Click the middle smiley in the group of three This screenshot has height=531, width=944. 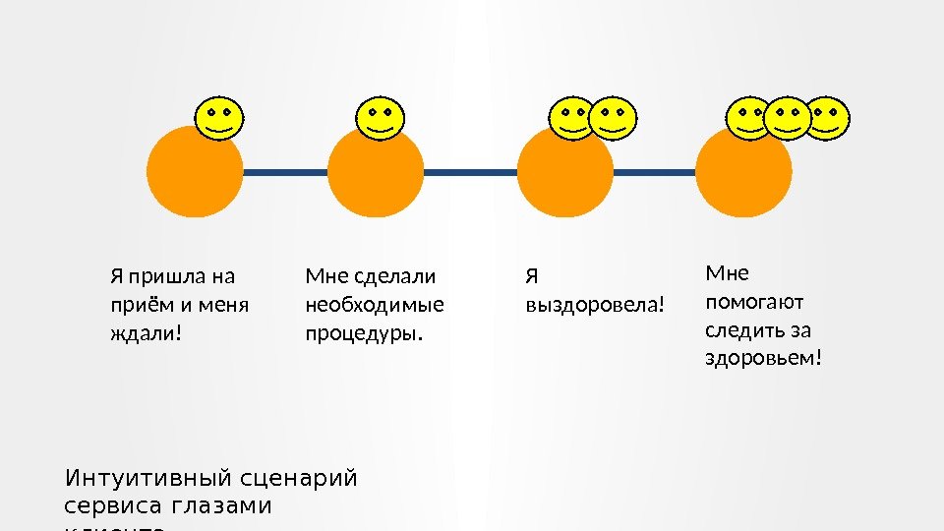(x=787, y=119)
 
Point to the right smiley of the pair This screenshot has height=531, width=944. (x=616, y=119)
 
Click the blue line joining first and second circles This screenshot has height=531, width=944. (x=284, y=172)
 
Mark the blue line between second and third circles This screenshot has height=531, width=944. (x=470, y=172)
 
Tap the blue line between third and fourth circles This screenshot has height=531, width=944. (x=654, y=172)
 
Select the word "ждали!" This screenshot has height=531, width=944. (x=146, y=333)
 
